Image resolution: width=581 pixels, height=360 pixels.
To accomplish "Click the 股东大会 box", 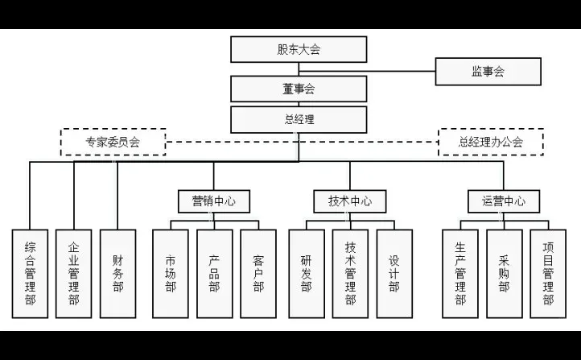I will [299, 49].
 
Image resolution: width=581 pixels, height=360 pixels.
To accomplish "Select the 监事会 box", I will [488, 72].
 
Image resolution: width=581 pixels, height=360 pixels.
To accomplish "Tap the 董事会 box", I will [299, 89].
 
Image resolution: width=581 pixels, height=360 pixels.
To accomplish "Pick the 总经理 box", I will [299, 119].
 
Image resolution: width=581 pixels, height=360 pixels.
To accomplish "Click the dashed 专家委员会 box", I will [113, 142].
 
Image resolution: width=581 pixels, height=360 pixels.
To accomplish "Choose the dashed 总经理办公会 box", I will [490, 142].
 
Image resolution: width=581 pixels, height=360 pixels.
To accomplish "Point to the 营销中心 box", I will [214, 201].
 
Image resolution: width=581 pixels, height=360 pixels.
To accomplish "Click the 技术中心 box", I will [350, 201].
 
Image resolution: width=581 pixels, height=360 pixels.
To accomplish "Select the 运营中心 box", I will [504, 201].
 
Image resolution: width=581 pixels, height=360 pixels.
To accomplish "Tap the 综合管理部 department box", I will [30, 273].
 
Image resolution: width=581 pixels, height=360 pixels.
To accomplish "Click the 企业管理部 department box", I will [74, 273].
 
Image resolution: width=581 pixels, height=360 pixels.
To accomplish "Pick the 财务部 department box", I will [117, 273].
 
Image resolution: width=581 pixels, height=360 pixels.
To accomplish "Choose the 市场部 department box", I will [171, 273].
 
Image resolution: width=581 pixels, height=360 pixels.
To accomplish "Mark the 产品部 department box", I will [214, 273].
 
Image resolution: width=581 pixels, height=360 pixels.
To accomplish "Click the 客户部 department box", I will [258, 273].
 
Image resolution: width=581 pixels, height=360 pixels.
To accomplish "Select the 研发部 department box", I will [307, 273].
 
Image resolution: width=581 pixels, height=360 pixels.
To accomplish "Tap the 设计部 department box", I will [394, 273].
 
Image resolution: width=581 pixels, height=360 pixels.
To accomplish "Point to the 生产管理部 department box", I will [460, 273].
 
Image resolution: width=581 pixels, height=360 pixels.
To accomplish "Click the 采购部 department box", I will [504, 273].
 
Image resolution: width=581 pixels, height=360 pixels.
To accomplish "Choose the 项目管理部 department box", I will [548, 273].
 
